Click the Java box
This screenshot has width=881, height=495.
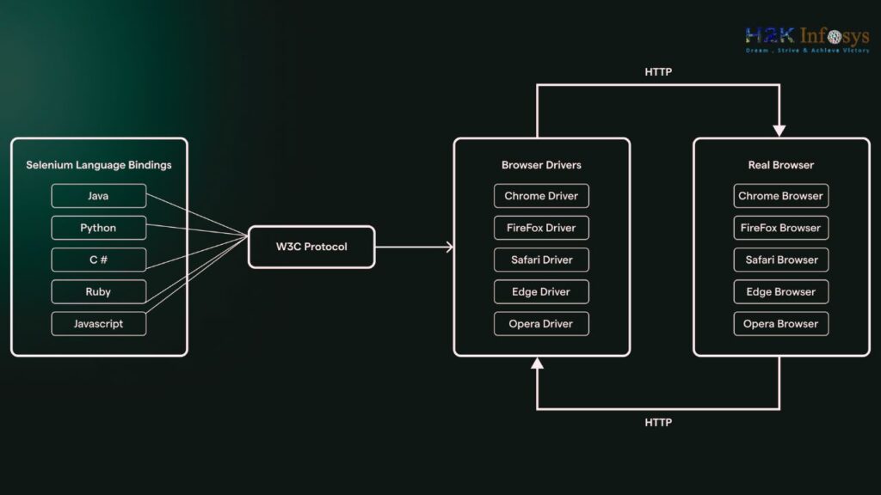tap(99, 196)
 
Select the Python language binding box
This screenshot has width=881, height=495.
tap(99, 228)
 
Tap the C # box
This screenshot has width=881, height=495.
tap(99, 260)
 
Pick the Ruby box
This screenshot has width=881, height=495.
tap(99, 292)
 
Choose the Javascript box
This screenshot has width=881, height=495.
tap(99, 324)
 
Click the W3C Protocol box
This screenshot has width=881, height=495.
tap(311, 247)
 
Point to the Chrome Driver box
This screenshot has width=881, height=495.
tap(542, 196)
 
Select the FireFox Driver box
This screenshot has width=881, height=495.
tap(542, 228)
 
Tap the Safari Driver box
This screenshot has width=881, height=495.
tap(542, 260)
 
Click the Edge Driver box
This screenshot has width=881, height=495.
tap(542, 292)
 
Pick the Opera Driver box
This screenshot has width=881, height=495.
tap(542, 324)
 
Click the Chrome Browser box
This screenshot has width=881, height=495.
tap(781, 196)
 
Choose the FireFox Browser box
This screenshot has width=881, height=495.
tap(781, 228)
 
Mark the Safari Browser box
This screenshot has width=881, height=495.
tap(781, 260)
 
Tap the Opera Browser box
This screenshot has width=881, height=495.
tap(781, 324)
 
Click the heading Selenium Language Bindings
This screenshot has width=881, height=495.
tap(99, 165)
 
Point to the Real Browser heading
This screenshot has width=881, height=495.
tap(781, 165)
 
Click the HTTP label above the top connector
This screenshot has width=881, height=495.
tap(658, 72)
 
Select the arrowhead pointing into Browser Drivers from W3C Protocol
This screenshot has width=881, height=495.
tap(449, 247)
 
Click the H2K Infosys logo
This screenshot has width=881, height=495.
tap(807, 40)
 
